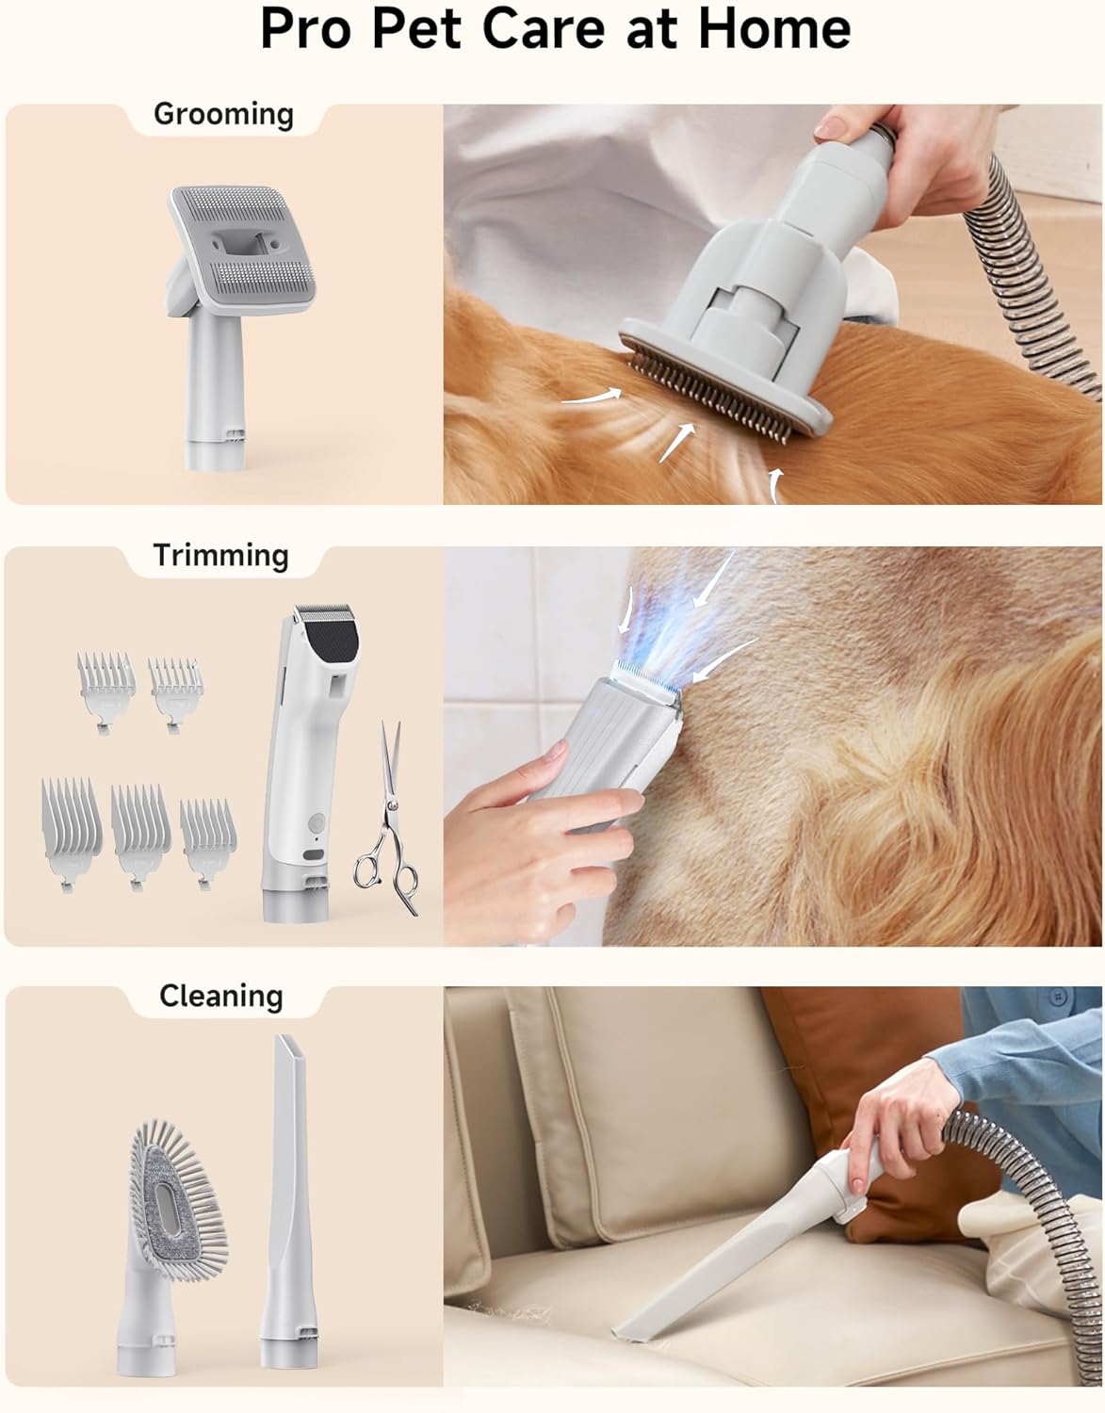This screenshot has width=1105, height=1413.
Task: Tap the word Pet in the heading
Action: [x=428, y=29]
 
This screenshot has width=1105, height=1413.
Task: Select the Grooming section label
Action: [x=223, y=114]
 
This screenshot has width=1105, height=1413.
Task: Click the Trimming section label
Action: [x=220, y=555]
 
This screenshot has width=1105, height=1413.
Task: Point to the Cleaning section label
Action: [x=220, y=996]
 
